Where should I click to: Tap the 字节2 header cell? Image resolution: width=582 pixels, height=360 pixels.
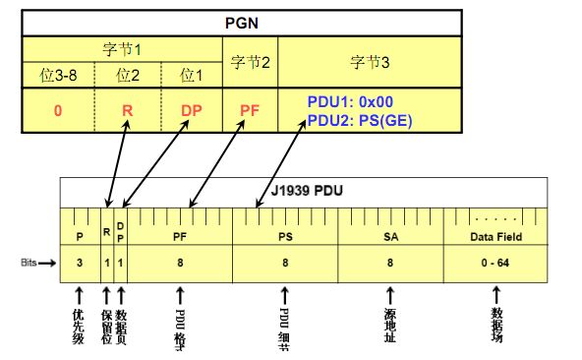coord(249,62)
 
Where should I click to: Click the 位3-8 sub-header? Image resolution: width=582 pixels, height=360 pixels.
coord(58,74)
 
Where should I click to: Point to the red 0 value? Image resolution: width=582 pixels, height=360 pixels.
coord(58,110)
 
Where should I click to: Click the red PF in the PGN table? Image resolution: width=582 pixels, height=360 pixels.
coord(249,110)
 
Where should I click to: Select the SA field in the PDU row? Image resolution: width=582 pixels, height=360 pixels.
coord(390,237)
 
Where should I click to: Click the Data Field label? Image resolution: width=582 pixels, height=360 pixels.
coord(495,237)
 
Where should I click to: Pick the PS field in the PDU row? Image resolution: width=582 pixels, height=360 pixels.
coord(284,237)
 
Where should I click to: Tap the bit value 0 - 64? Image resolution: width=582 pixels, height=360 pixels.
coord(495,264)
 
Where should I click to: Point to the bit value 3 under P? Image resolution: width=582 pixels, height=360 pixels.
coord(79,264)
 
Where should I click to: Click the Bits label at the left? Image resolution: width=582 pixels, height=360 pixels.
coord(30,264)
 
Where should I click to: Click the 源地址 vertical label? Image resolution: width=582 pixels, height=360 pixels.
coord(390,325)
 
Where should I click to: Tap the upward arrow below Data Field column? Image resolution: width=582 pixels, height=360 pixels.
coord(495,294)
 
